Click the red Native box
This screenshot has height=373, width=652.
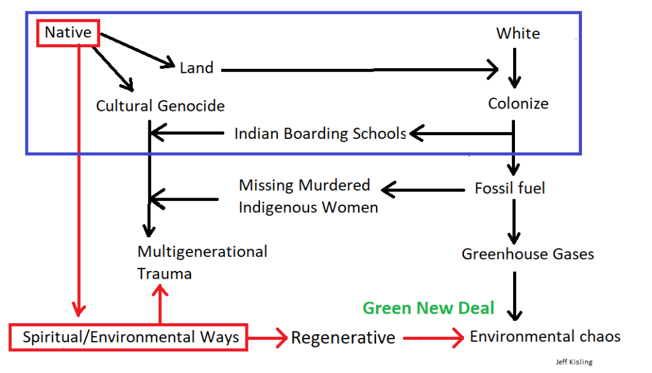click(x=68, y=32)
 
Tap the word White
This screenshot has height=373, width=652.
click(x=518, y=33)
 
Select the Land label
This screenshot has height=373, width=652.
click(x=196, y=68)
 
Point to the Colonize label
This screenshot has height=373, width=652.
click(x=518, y=103)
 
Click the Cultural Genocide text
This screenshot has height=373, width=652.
click(x=160, y=105)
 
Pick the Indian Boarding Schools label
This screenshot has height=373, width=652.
click(x=320, y=134)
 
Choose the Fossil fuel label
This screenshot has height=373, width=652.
click(x=510, y=188)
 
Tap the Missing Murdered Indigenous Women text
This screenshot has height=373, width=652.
click(x=308, y=196)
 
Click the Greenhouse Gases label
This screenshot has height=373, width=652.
click(x=528, y=254)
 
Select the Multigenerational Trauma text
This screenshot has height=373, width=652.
click(x=202, y=262)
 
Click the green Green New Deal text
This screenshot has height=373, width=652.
click(x=428, y=308)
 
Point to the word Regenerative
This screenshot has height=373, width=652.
click(x=343, y=337)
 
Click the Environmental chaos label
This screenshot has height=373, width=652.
click(x=545, y=336)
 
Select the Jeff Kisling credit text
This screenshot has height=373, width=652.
click(x=574, y=362)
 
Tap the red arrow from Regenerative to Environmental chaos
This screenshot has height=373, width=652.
click(x=433, y=338)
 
